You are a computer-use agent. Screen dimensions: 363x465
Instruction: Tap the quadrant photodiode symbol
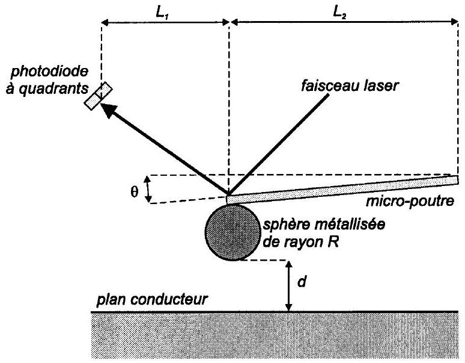99,96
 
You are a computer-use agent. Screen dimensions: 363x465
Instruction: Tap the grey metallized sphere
231,231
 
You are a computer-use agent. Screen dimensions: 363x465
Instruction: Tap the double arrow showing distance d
289,286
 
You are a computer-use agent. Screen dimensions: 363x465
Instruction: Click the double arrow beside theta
150,189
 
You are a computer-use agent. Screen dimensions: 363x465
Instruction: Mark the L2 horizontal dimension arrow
341,22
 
